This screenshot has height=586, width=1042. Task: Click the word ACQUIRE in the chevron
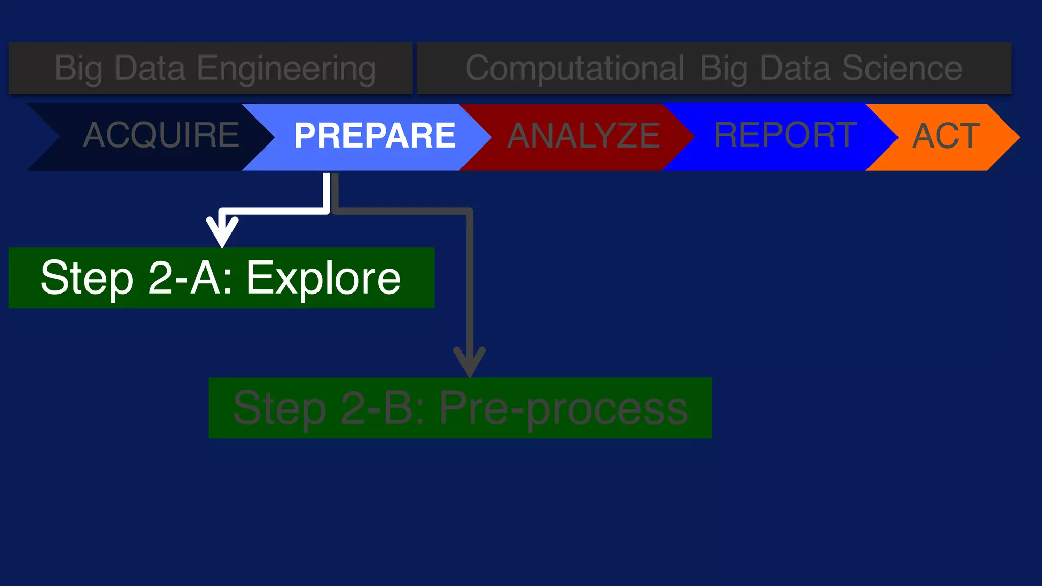[161, 136]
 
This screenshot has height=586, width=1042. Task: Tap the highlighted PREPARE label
[374, 136]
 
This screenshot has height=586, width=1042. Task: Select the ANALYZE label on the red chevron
[584, 136]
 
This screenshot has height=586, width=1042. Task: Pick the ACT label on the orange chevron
[946, 136]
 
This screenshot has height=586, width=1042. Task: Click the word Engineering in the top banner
[286, 69]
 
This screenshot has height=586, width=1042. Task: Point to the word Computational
[575, 68]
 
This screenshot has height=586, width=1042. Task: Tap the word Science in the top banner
[902, 68]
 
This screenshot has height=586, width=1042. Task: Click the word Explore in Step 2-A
[324, 278]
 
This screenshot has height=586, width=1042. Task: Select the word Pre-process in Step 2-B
[563, 408]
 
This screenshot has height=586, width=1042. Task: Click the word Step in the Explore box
[87, 278]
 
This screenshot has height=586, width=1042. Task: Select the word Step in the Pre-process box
[279, 408]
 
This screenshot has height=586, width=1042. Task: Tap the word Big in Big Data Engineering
[78, 69]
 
